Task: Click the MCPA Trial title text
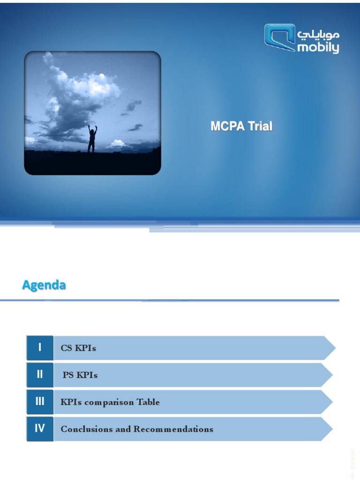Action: [x=241, y=127]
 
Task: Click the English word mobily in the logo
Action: [x=318, y=47]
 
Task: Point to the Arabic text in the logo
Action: [x=318, y=34]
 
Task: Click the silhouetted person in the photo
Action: [x=92, y=139]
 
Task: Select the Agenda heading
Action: [x=44, y=285]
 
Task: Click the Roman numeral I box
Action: [x=40, y=347]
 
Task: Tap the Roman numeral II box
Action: [x=40, y=375]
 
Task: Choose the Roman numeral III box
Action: [x=40, y=402]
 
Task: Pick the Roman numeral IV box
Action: [x=40, y=428]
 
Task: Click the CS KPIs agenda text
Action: [x=78, y=348]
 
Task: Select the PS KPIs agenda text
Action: [x=80, y=375]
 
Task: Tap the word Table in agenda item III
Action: [x=148, y=402]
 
